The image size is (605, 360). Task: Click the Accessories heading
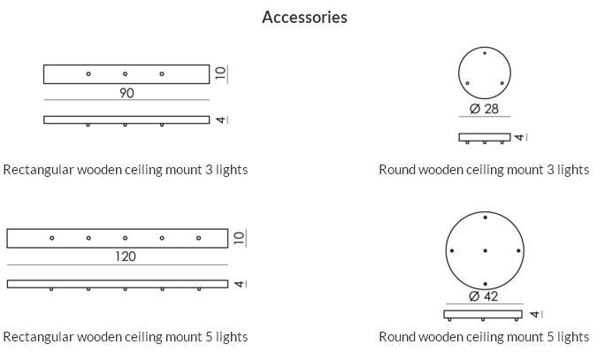304,18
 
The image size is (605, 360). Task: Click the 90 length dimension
126,93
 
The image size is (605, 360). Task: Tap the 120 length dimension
126,257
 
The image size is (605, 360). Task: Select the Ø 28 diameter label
485,109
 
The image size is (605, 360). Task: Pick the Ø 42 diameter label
485,296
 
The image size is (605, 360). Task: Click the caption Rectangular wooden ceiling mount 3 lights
125,170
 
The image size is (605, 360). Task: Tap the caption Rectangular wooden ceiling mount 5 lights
125,337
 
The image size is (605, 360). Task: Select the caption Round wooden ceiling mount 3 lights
484,170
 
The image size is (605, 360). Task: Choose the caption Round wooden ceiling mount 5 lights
484,337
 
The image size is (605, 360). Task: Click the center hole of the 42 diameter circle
486,251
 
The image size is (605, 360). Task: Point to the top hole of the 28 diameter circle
485,55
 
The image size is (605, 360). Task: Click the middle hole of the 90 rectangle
125,73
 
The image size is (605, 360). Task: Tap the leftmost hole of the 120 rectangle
52,238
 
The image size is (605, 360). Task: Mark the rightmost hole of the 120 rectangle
198,238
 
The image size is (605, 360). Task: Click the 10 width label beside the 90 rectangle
221,73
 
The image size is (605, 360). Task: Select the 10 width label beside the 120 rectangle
239,237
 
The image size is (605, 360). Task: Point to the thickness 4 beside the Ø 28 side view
520,137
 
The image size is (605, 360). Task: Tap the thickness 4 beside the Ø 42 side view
533,314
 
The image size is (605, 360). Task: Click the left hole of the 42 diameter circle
452,251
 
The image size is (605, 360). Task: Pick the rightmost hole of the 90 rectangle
162,73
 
